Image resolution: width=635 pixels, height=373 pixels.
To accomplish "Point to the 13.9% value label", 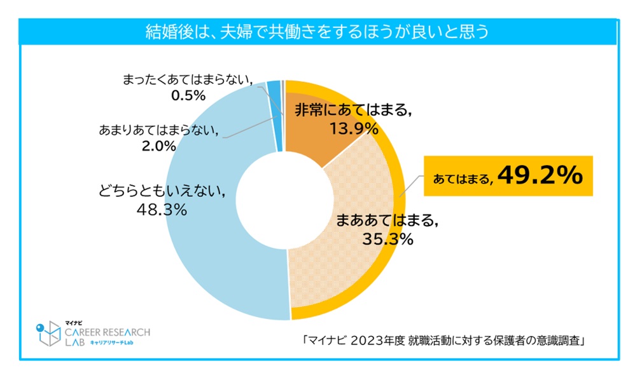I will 354,130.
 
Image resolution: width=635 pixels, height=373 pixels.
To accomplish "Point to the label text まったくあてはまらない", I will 188,80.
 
